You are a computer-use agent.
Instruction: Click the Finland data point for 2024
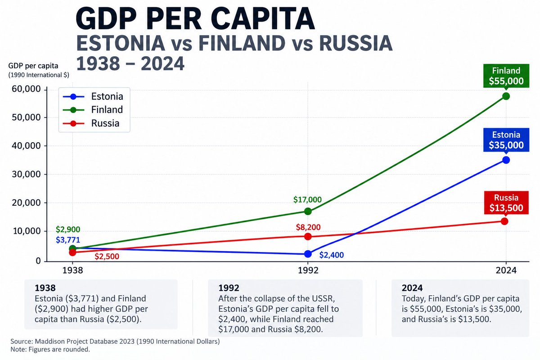point(506,96)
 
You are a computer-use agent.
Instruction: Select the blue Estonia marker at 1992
point(308,254)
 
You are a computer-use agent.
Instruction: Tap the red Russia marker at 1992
point(308,237)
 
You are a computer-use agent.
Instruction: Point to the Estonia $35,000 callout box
point(506,140)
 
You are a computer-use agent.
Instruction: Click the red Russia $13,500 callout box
point(506,202)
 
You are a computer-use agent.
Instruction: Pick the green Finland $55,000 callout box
point(506,76)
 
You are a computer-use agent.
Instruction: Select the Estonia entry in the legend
point(93,96)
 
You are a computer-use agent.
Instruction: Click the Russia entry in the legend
point(91,123)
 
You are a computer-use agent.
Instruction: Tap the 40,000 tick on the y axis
point(27,146)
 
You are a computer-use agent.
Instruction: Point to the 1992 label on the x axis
point(308,270)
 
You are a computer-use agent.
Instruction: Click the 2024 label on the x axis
point(506,270)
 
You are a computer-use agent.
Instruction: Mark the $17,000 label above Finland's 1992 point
point(307,200)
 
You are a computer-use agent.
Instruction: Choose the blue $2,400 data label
point(332,255)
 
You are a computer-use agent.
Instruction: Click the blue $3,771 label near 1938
point(68,240)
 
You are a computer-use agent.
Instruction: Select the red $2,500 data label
point(107,256)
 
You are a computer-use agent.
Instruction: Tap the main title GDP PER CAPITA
point(195,19)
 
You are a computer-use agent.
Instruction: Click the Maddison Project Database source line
point(115,342)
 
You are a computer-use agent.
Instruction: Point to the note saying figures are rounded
point(50,349)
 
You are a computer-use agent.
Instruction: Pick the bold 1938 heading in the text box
point(45,288)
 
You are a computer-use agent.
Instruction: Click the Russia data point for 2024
point(504,221)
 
